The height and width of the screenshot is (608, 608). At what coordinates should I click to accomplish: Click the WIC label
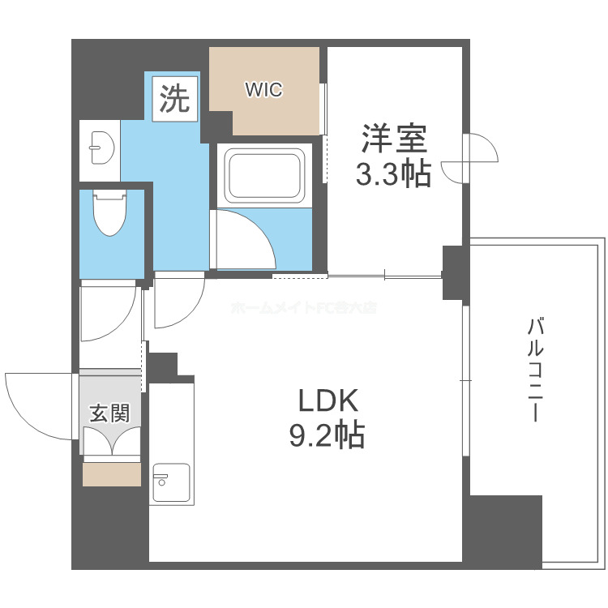(264, 90)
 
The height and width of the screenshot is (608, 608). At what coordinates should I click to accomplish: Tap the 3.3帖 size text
(394, 173)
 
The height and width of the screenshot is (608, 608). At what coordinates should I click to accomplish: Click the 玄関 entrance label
(109, 413)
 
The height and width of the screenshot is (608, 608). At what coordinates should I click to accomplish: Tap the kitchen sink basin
(170, 483)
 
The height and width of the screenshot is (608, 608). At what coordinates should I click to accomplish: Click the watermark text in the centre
(304, 308)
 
